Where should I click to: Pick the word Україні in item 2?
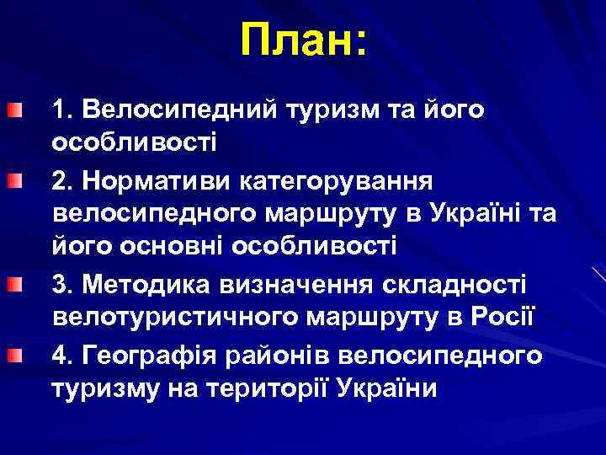(470, 213)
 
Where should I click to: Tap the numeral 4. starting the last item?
(62, 356)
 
